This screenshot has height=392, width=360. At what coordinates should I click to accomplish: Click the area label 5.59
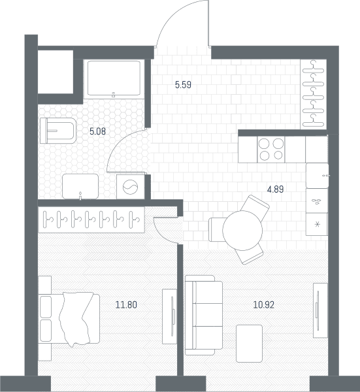[x=183, y=85]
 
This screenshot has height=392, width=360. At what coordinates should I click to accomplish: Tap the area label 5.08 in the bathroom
[x=98, y=131]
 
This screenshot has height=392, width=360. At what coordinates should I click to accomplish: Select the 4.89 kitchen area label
[x=276, y=189]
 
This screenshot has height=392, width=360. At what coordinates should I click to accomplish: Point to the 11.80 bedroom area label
[x=126, y=305]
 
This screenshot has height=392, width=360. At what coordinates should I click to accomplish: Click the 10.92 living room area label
[x=264, y=305]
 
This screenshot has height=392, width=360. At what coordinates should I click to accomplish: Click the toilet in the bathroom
[x=58, y=131]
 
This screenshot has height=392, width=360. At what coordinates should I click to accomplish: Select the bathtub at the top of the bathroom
[x=114, y=78]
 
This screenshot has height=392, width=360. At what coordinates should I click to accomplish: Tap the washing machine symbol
[x=131, y=187]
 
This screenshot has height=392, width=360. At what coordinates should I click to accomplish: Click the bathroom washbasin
[x=80, y=186]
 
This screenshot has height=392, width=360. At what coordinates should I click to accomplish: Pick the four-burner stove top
[x=271, y=150]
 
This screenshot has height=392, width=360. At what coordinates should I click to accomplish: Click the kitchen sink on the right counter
[x=318, y=176]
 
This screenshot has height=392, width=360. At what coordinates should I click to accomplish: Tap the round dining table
[x=242, y=230]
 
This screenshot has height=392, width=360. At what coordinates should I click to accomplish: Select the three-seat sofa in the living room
[x=204, y=316]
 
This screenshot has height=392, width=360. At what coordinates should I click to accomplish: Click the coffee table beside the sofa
[x=249, y=344]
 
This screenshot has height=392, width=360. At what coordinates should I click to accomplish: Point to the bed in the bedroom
[x=69, y=319]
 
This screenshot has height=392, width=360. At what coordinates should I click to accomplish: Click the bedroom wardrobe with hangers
[x=91, y=220]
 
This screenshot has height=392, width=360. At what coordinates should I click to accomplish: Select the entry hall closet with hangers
[x=314, y=94]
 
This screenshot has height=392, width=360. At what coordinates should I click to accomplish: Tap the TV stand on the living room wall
[x=320, y=310]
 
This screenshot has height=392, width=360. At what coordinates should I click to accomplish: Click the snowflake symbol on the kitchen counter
[x=318, y=224]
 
